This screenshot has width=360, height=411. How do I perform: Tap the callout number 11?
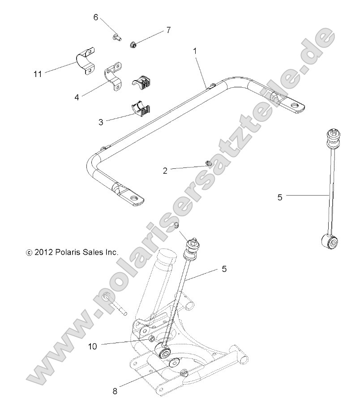click(38, 74)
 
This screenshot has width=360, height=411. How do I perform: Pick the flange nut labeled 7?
click(133, 44)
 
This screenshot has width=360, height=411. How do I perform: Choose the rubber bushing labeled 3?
click(140, 109)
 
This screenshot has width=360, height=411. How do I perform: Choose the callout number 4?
click(77, 96)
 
